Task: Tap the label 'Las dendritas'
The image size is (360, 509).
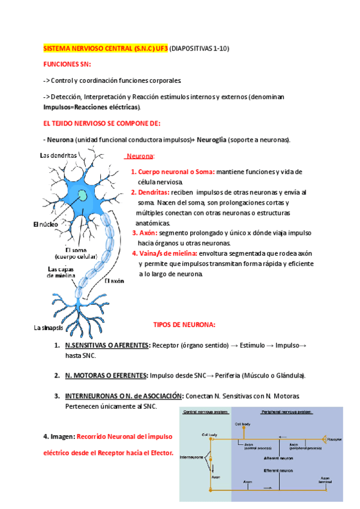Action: click(58, 155)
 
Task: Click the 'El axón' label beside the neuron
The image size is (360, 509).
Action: click(114, 281)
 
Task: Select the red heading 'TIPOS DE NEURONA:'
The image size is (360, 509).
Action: click(184, 325)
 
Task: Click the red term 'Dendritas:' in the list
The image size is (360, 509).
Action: click(151, 192)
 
